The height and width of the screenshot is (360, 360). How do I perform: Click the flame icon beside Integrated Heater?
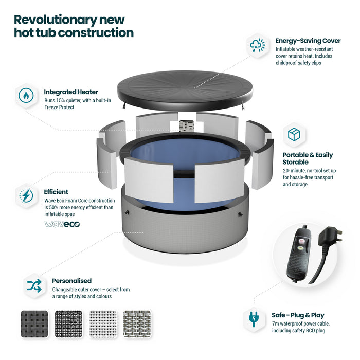pos(26,95)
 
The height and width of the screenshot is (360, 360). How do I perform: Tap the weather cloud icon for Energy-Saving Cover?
pos(257,45)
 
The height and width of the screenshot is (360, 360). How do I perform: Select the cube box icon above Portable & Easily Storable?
pos(294,135)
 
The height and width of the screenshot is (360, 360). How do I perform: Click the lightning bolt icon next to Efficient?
pos(26,195)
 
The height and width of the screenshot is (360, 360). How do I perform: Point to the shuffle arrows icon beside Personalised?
pos(34,285)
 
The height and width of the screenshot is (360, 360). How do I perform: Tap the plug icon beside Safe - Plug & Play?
pos(254,319)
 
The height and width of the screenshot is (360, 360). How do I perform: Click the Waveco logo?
pos(62,224)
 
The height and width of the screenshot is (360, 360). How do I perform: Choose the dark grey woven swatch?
pos(34,324)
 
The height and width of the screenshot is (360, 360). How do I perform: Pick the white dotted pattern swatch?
pos(103,324)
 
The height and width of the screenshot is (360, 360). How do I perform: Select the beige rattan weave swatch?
pos(137,324)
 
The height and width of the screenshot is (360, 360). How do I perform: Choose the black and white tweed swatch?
pos(68,324)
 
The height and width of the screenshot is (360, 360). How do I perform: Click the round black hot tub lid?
pos(185,90)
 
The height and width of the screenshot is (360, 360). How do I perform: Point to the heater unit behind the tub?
pos(186,126)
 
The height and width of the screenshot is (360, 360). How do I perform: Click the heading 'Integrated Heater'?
pos(71,92)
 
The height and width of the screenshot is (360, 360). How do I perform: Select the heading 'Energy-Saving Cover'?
pos(308,41)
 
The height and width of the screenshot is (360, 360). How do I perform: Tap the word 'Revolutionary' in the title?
pos(56,20)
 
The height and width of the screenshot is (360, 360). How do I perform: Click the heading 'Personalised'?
pos(71,281)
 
